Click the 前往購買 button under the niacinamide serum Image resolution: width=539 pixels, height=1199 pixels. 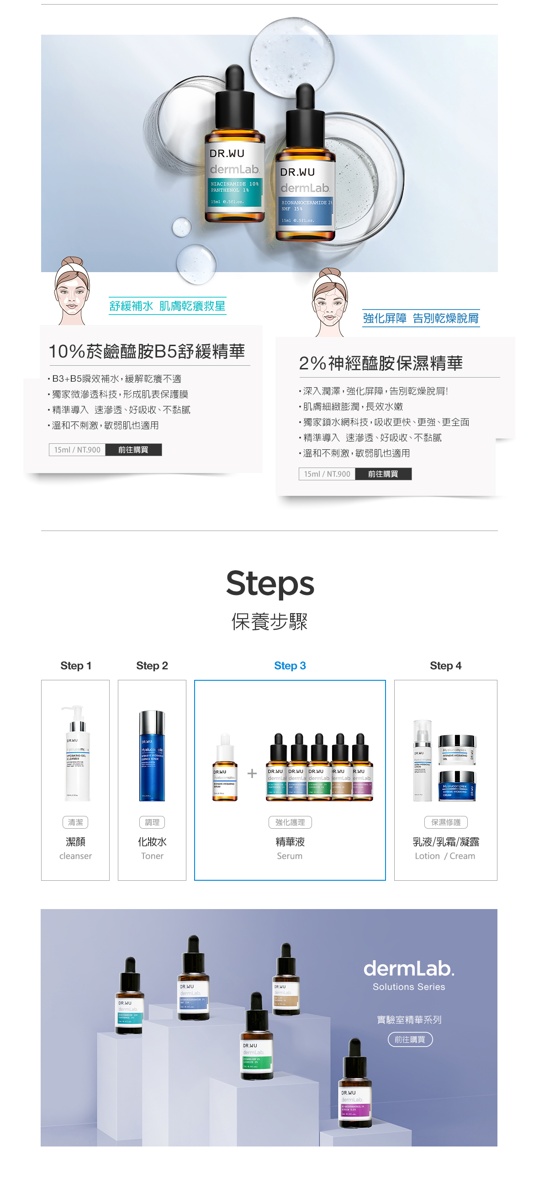[x=133, y=450]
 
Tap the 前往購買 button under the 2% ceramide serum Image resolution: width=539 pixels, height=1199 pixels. [x=383, y=474]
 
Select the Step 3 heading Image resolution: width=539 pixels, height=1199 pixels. [x=290, y=666]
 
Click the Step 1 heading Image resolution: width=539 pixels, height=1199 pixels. [x=75, y=666]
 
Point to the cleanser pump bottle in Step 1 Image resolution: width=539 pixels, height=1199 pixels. [x=76, y=754]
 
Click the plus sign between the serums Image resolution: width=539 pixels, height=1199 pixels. [x=252, y=773]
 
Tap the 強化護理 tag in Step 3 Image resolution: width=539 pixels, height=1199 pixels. [x=290, y=822]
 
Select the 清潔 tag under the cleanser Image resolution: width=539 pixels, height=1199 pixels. [x=75, y=822]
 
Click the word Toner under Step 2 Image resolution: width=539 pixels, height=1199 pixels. [x=152, y=856]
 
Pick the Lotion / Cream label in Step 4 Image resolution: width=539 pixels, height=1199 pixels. [x=445, y=856]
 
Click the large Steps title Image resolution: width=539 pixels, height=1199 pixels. [x=270, y=584]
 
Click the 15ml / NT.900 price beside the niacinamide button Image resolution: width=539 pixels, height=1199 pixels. [x=77, y=450]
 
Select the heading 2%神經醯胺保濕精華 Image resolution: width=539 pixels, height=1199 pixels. [x=381, y=363]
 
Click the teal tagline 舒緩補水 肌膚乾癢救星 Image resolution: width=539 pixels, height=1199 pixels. [x=167, y=306]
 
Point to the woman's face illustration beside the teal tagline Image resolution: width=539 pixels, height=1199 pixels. [x=72, y=290]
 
